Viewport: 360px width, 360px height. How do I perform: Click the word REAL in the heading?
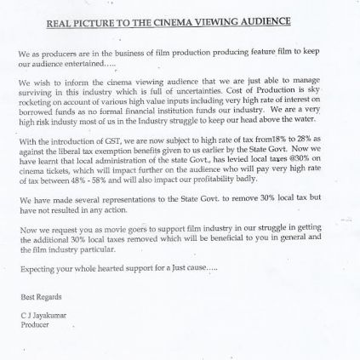click(59, 22)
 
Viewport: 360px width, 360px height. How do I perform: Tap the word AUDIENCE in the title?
click(260, 22)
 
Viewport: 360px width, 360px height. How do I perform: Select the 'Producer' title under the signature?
click(35, 324)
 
